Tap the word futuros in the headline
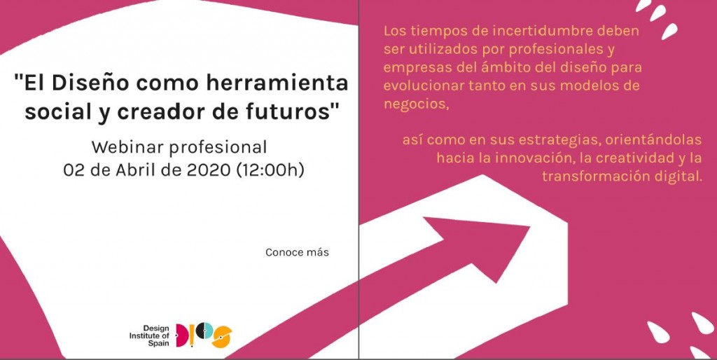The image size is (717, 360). click(x=294, y=111)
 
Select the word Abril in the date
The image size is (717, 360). click(x=137, y=169)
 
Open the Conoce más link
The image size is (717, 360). click(x=297, y=252)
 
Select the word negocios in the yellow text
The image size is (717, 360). click(x=415, y=104)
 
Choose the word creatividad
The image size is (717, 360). click(x=620, y=158)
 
